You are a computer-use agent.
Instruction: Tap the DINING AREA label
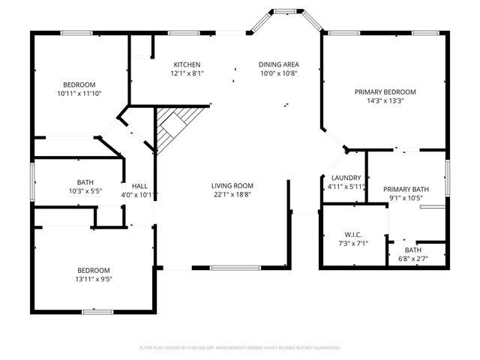(279, 64)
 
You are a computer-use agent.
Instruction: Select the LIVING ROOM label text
(232, 185)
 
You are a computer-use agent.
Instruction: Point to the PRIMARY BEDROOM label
(385, 92)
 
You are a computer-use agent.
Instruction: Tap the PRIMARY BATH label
(406, 190)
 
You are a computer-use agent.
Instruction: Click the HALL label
(139, 186)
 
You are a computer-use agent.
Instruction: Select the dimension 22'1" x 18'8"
(232, 194)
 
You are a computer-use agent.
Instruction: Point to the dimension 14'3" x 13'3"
(385, 101)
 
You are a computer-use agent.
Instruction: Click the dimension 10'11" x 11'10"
(79, 94)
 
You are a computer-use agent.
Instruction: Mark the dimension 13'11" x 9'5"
(94, 279)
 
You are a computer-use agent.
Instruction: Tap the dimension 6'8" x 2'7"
(413, 259)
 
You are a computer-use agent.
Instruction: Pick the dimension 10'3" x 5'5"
(85, 191)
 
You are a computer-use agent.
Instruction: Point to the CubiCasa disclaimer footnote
(240, 348)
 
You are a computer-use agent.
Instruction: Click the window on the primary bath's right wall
(447, 177)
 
